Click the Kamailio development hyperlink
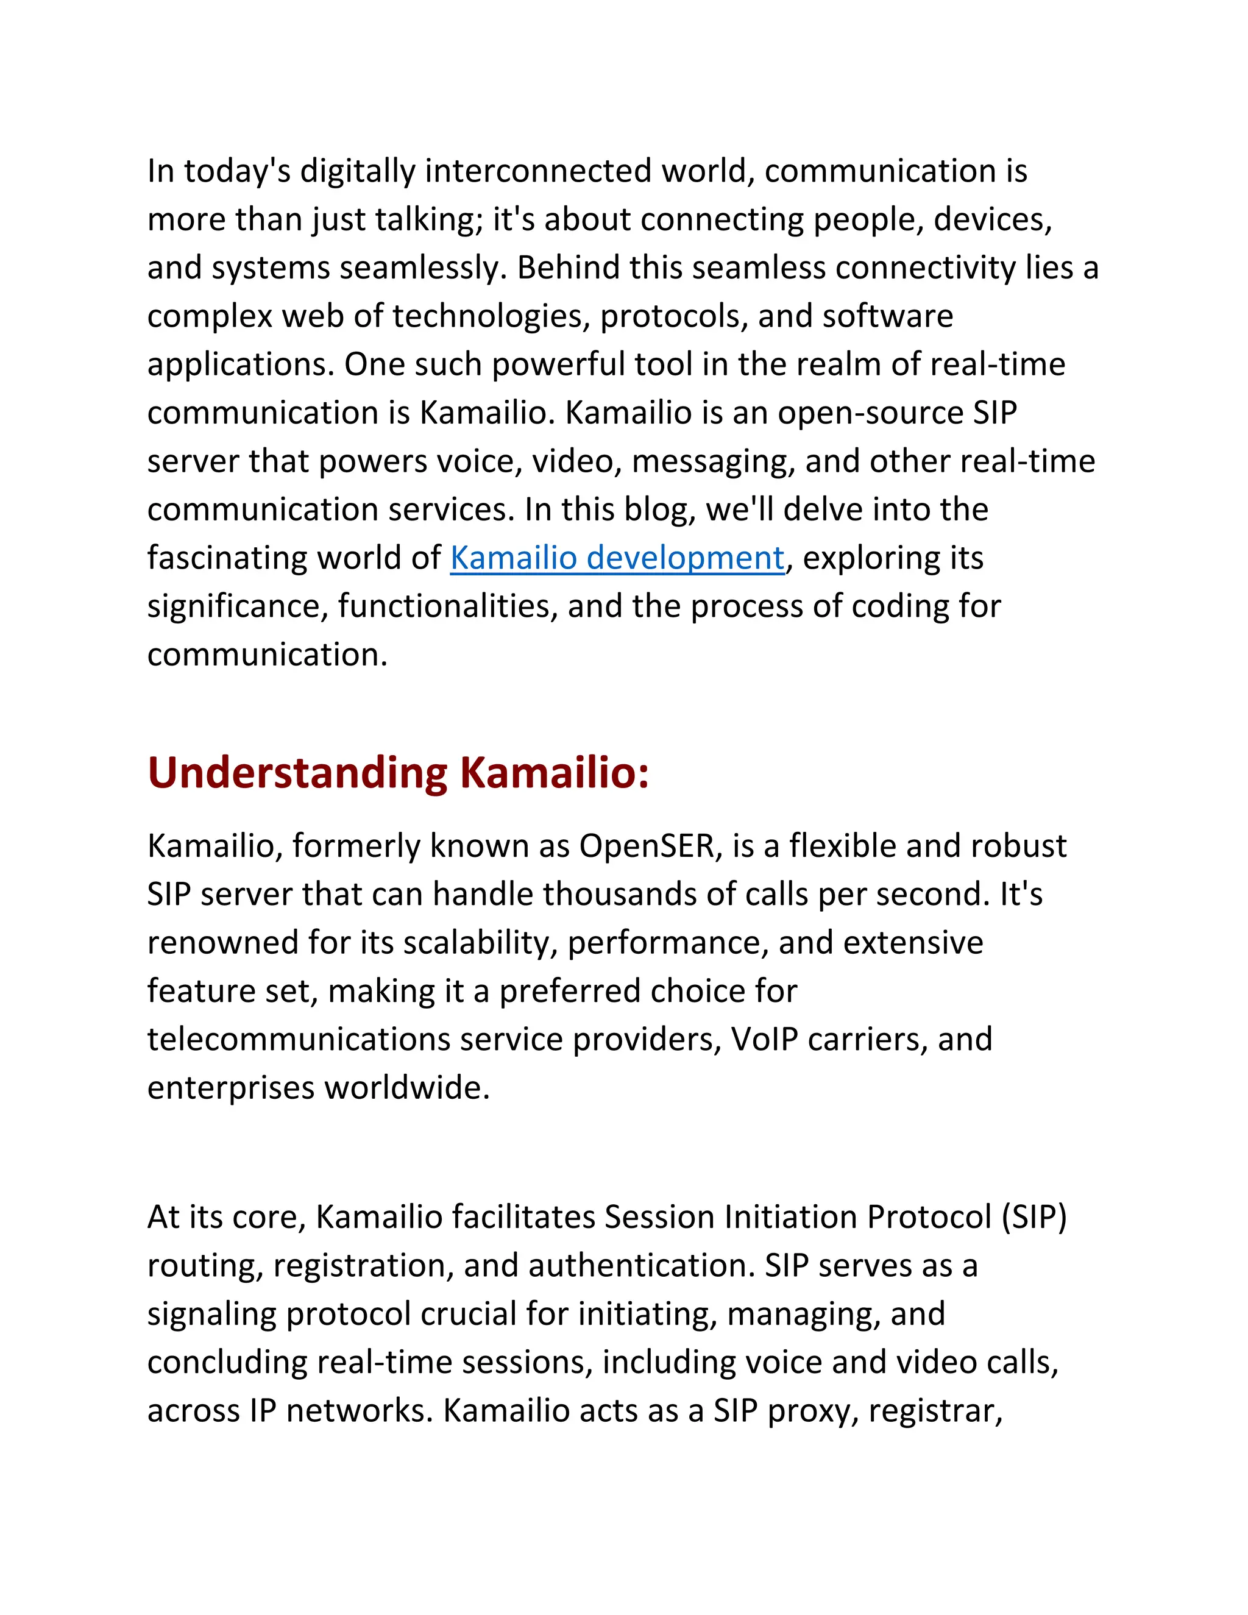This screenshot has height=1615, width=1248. pyautogui.click(x=617, y=558)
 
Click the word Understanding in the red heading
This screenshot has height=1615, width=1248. pyautogui.click(x=297, y=773)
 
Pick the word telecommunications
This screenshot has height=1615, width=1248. pyautogui.click(x=299, y=1040)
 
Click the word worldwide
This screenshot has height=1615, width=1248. pyautogui.click(x=406, y=1088)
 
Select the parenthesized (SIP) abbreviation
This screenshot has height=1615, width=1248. pyautogui.click(x=1033, y=1218)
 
